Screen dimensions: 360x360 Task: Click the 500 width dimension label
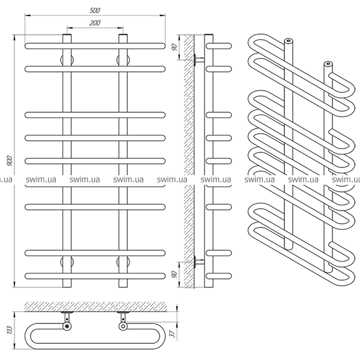click(95, 10)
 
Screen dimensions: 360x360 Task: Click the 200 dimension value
click(95, 23)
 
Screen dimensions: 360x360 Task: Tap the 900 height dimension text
click(10, 161)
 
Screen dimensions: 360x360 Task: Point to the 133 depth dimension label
click(10, 330)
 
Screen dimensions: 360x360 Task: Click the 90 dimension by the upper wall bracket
click(175, 47)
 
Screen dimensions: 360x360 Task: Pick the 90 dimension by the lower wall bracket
click(175, 274)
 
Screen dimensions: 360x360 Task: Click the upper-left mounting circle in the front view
click(67, 60)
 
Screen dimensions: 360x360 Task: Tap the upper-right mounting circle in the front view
click(123, 60)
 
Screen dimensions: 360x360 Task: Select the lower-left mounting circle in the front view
click(67, 262)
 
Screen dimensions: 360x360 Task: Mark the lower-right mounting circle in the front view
click(123, 262)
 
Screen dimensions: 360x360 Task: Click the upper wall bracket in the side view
click(199, 60)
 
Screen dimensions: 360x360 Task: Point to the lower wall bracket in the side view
click(199, 262)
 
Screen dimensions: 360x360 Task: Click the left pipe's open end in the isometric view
click(289, 41)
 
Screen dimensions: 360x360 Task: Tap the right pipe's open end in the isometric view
click(328, 64)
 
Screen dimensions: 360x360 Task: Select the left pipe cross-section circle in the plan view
click(67, 326)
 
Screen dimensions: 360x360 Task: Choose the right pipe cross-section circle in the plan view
click(123, 326)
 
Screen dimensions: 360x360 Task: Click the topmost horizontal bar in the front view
click(95, 46)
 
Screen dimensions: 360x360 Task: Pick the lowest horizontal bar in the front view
click(95, 276)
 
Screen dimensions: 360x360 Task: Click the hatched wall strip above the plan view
click(95, 307)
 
